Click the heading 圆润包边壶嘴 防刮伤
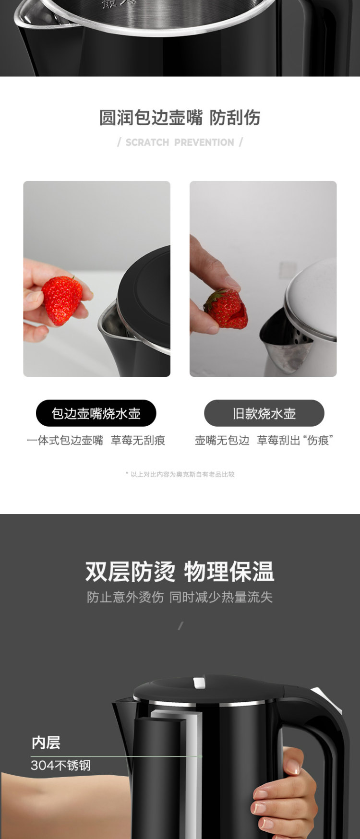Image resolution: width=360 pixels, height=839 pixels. [180, 118]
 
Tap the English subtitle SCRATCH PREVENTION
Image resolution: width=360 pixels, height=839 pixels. [180, 143]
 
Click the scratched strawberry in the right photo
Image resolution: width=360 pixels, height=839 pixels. [226, 309]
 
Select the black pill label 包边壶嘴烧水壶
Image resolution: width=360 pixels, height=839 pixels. [96, 413]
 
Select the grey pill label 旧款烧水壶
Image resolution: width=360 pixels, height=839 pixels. [264, 413]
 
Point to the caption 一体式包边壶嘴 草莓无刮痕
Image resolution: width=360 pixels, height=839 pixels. [96, 441]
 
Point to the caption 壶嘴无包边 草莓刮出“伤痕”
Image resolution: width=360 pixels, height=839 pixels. [264, 441]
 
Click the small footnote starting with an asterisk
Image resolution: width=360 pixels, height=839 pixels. [180, 474]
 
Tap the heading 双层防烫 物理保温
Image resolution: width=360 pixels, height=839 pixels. [180, 572]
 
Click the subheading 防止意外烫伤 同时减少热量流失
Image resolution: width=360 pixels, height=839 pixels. [180, 597]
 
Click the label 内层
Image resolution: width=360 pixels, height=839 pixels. [46, 743]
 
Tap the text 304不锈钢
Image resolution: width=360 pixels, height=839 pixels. [60, 765]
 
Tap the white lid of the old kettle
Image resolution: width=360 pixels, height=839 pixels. [312, 298]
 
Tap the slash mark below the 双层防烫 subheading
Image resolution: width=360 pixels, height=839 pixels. [180, 625]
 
